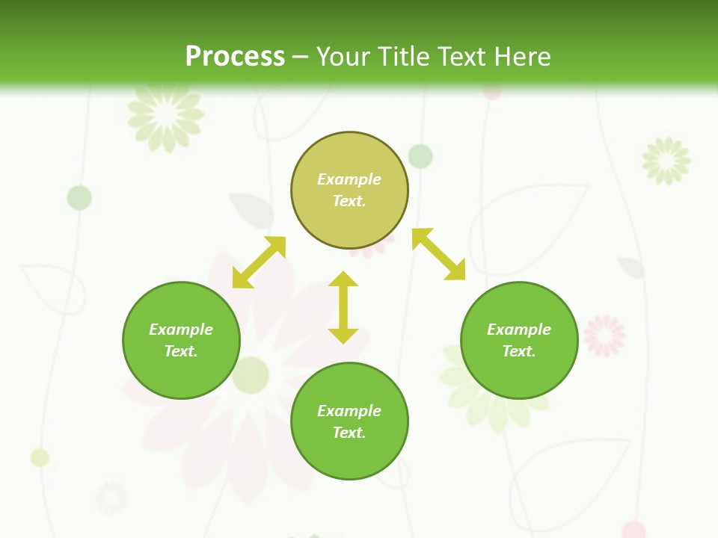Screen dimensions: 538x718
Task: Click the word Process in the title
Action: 235,56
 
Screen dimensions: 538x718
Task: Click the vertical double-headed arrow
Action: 343,307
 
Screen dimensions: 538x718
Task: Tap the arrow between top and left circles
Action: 259,262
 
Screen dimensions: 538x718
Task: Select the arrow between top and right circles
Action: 439,254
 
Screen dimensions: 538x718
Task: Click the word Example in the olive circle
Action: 349,179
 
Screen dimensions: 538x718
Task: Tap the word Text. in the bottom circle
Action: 349,433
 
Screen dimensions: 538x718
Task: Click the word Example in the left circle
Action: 181,330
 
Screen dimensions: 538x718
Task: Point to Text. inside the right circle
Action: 519,351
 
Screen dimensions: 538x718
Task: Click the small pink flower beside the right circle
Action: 604,335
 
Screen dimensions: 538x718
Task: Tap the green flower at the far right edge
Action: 666,160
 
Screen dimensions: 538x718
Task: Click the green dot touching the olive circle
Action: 421,156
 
